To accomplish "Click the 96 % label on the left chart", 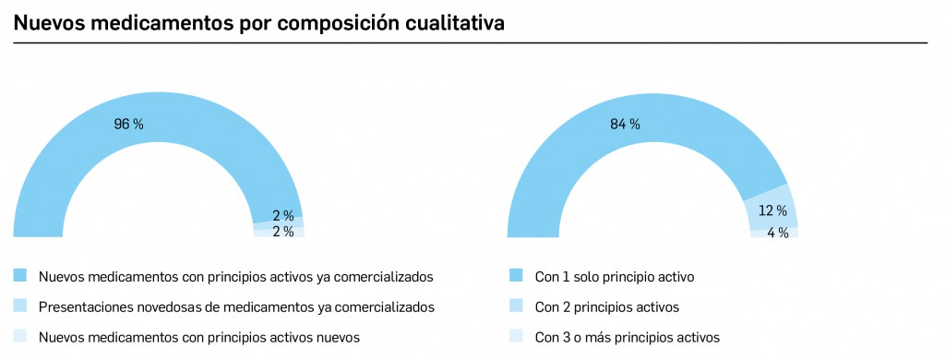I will pyautogui.click(x=129, y=124).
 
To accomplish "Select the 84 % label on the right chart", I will pyautogui.click(x=625, y=124).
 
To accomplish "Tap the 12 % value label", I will pyautogui.click(x=773, y=210).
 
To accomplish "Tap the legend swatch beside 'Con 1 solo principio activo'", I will pyautogui.click(x=516, y=276).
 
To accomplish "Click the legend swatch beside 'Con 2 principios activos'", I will pyautogui.click(x=516, y=306).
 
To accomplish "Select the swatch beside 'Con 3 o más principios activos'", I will pyautogui.click(x=516, y=337).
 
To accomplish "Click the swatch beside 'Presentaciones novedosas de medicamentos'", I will pyautogui.click(x=20, y=306).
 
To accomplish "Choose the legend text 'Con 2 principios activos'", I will pyautogui.click(x=606, y=306).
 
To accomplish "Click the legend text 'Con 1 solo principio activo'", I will pyautogui.click(x=615, y=276).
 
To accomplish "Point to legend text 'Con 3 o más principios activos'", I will pyautogui.click(x=627, y=337).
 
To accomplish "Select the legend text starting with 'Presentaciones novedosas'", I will pyautogui.click(x=236, y=306).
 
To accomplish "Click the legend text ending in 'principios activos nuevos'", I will pyautogui.click(x=198, y=337).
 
